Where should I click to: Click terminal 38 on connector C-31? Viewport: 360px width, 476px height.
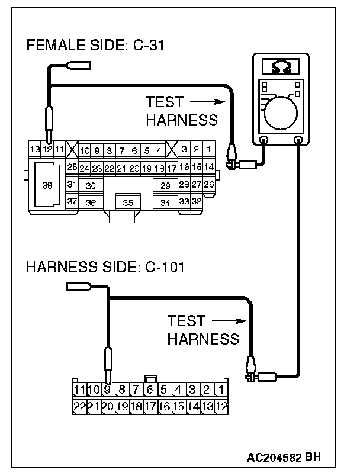[47, 185]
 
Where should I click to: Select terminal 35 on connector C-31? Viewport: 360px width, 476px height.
[128, 202]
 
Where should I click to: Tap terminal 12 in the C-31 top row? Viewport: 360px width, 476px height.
[47, 149]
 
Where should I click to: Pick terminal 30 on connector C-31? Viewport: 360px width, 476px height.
[91, 185]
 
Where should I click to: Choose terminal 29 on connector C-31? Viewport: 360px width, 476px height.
[166, 185]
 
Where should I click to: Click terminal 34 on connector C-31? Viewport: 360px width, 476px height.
[166, 202]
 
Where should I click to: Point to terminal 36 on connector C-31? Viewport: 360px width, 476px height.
[91, 202]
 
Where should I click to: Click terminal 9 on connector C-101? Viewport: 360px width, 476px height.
[108, 390]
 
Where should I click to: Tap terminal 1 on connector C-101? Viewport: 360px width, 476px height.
[220, 390]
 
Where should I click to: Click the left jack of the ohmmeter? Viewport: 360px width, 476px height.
[264, 140]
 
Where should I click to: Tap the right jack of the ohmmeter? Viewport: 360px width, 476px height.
[299, 140]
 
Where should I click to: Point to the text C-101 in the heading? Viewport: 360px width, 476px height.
[165, 267]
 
